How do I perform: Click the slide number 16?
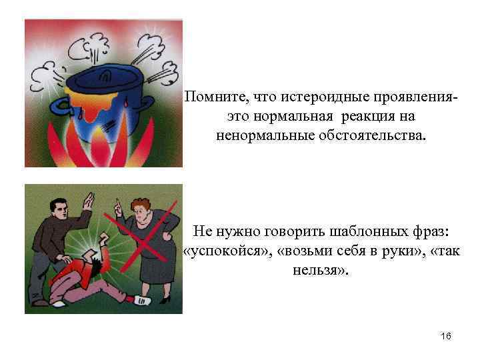pos(445,337)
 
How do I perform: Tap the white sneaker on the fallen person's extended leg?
pos(143,301)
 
